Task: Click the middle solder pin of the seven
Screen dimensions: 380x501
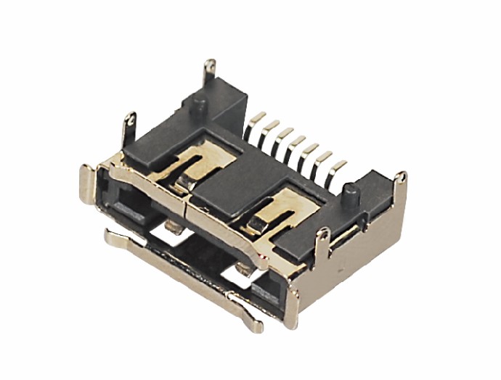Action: coord(291,149)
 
